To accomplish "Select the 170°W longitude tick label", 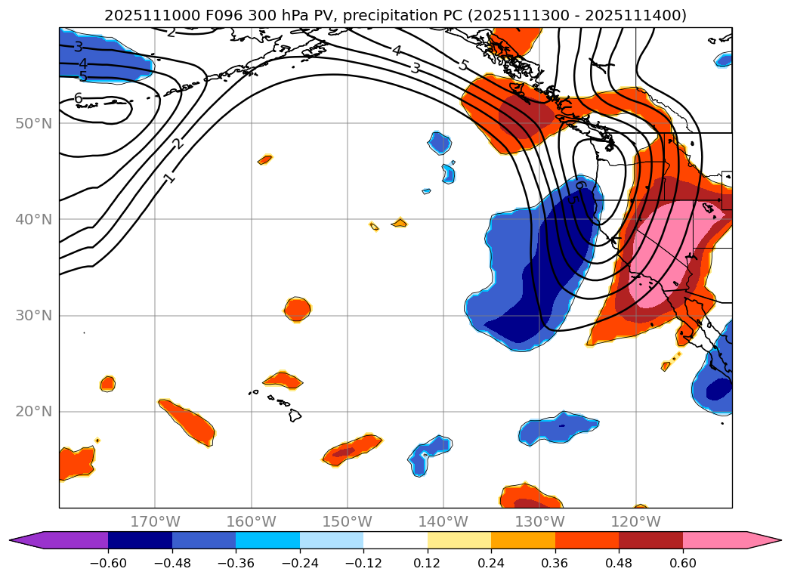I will [155, 521].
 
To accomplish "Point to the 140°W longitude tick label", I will [443, 521].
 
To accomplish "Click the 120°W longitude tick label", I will [635, 521].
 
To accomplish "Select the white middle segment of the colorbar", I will [395, 539].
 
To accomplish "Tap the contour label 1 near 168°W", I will [169, 178].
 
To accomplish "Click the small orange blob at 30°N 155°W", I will [298, 308].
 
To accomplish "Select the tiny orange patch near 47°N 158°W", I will [264, 159].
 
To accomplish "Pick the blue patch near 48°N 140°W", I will [439, 142].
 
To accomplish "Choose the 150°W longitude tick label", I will [348, 521].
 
